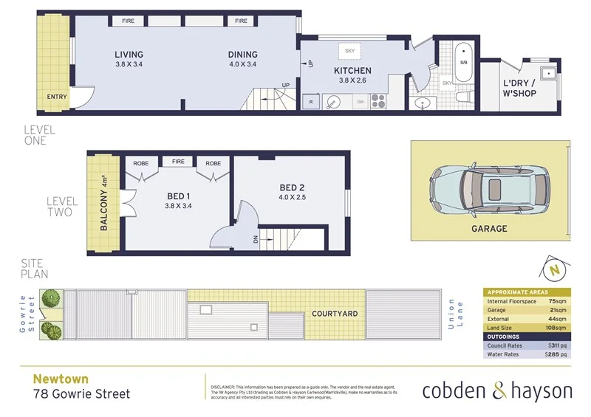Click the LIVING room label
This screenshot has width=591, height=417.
click(129, 55)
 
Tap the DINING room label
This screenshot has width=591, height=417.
click(242, 55)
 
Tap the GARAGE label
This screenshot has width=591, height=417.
click(489, 229)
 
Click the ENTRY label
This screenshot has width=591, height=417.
click(56, 97)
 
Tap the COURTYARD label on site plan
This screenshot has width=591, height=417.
click(334, 314)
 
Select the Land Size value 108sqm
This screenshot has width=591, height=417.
click(556, 327)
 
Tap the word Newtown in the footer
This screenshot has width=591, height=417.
click(55, 377)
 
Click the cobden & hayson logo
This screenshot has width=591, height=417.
click(496, 390)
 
